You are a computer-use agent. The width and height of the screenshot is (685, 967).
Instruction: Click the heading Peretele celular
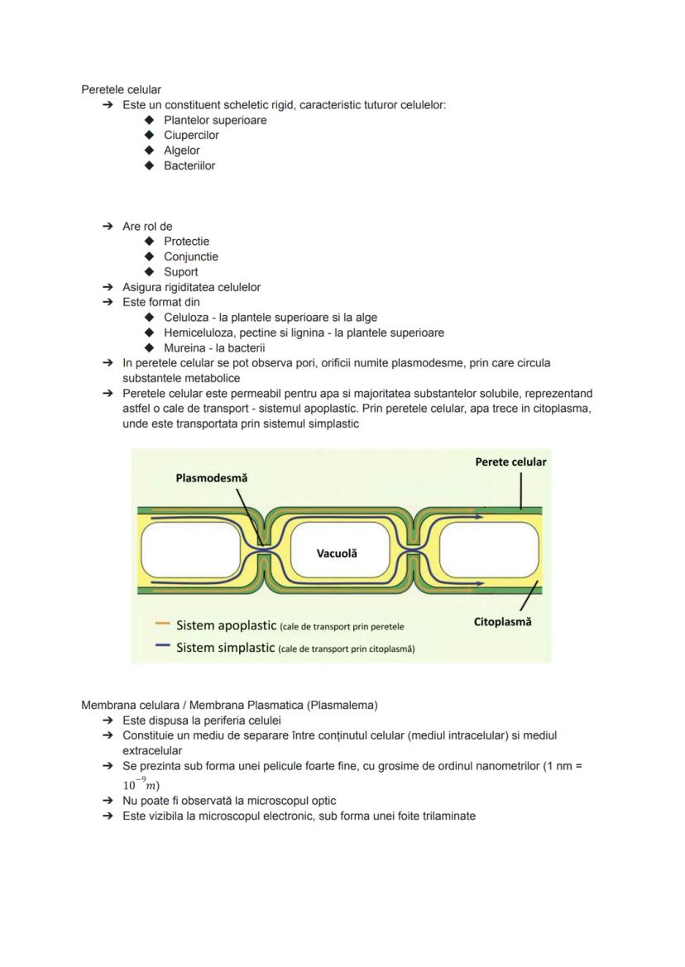point(121,89)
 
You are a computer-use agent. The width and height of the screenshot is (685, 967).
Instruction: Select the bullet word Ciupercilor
point(191,135)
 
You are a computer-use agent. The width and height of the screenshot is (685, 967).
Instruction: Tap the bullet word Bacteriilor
point(189,165)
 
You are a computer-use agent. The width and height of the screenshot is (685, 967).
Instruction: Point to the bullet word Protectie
point(186,242)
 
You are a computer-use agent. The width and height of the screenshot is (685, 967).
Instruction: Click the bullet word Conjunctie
point(191,256)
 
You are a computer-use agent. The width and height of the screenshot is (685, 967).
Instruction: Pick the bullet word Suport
point(180,271)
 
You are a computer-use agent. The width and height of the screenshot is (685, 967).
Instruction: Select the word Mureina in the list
point(184,347)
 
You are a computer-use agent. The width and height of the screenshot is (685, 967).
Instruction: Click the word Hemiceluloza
point(198,333)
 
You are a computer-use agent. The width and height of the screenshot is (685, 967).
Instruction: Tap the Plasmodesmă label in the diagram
point(211,478)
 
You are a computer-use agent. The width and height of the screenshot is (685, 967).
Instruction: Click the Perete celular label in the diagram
point(510,462)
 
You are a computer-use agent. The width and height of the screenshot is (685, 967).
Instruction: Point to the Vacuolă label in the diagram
point(337,553)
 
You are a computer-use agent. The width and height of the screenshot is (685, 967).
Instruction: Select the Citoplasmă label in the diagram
point(502,622)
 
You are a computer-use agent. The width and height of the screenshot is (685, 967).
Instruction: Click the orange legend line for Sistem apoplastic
point(162,625)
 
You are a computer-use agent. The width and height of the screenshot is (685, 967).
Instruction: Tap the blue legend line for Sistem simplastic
point(162,647)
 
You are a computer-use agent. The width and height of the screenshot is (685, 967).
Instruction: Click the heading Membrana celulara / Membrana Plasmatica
point(229,705)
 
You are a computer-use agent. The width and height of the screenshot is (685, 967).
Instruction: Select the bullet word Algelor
point(181,151)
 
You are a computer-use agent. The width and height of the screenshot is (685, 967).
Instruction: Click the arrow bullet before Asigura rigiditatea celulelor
point(108,287)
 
